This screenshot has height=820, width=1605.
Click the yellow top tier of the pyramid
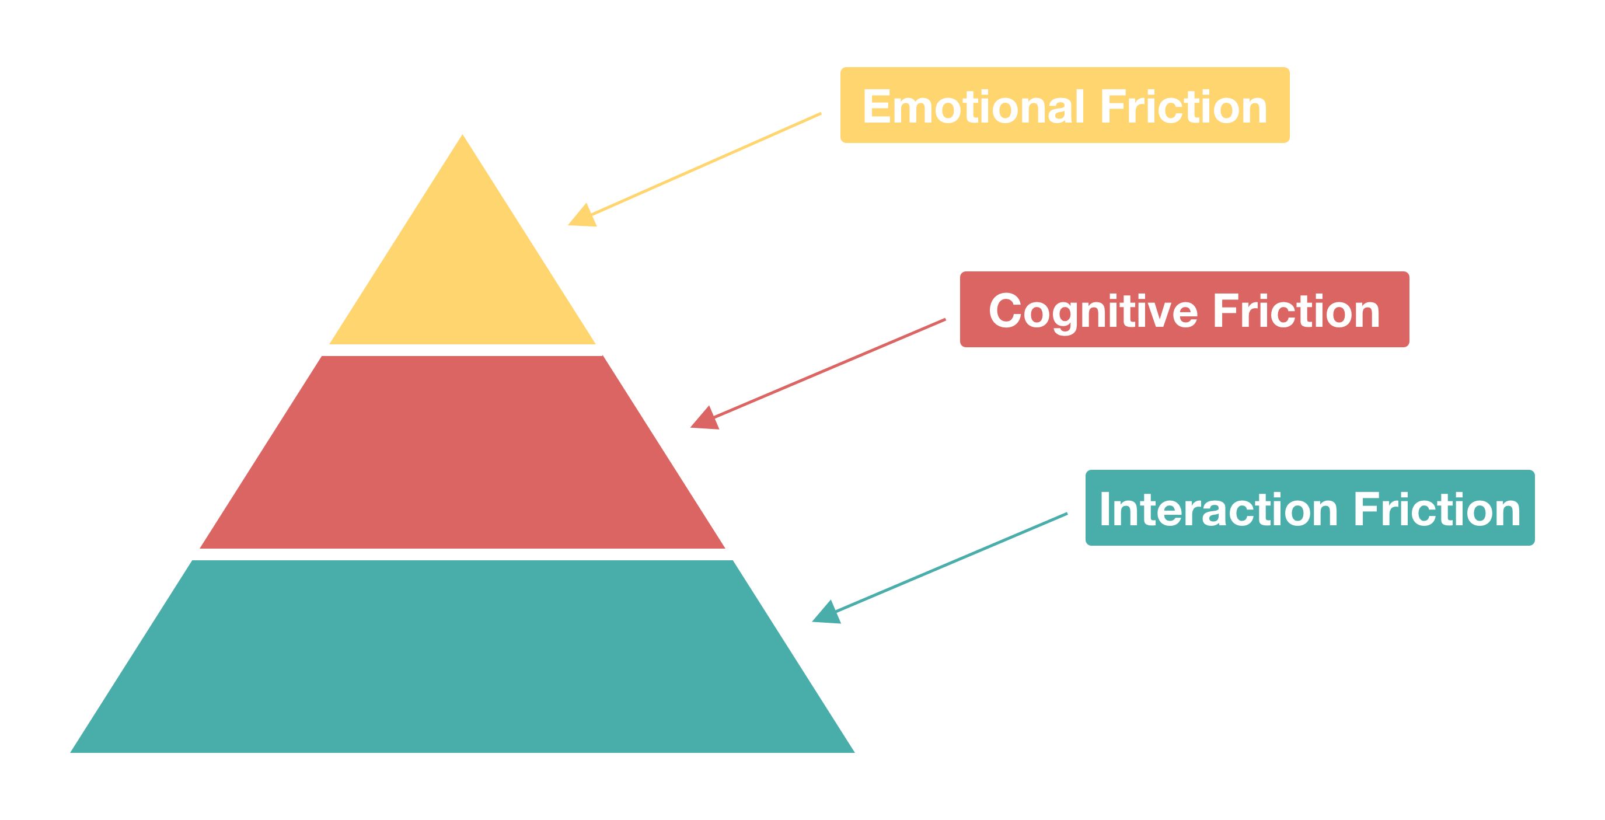[462, 268]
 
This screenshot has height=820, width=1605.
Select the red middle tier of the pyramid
[462, 452]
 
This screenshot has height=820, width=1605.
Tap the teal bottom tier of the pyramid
[462, 657]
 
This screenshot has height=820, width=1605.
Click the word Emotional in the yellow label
[974, 107]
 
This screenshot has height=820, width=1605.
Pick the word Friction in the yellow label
[1183, 107]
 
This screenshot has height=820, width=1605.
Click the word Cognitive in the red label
[1093, 311]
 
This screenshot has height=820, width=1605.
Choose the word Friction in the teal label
[1437, 510]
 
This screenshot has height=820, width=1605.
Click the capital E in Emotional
[875, 107]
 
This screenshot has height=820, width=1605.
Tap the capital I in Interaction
[1105, 510]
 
